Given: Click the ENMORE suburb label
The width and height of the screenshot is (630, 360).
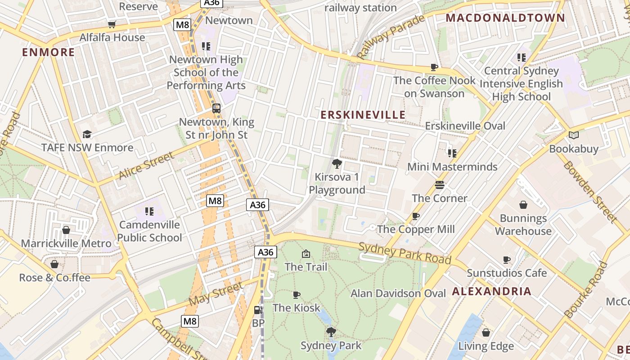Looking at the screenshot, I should pyautogui.click(x=49, y=52).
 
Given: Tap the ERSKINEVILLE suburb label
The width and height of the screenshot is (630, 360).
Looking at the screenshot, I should pyautogui.click(x=363, y=115).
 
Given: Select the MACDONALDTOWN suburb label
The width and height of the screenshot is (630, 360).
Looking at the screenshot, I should pyautogui.click(x=505, y=18).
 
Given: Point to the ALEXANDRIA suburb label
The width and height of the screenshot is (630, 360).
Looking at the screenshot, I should pyautogui.click(x=492, y=291).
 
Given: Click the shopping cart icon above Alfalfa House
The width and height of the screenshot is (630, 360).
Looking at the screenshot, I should pyautogui.click(x=112, y=24).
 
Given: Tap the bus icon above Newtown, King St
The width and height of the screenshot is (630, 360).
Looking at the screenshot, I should pyautogui.click(x=216, y=108).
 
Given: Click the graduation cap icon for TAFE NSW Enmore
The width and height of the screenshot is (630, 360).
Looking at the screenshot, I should pyautogui.click(x=87, y=134).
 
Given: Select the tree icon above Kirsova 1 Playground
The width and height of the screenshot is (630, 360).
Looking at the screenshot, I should pyautogui.click(x=337, y=163).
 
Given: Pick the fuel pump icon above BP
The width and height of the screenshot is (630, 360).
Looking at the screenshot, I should pyautogui.click(x=258, y=310).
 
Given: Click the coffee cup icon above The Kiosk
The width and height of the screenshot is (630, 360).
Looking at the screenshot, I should pyautogui.click(x=297, y=295).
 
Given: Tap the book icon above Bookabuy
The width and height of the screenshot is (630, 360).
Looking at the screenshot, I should pyautogui.click(x=574, y=135).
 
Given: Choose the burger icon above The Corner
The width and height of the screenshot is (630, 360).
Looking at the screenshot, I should pyautogui.click(x=440, y=185).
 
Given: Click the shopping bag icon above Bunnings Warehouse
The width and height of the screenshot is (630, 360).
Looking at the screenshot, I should pyautogui.click(x=523, y=205).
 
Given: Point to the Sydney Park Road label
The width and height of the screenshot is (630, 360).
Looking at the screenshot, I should pyautogui.click(x=405, y=253).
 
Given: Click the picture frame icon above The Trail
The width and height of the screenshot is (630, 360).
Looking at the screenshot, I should pyautogui.click(x=306, y=254).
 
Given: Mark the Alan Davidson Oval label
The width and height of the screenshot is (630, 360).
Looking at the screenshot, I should pyautogui.click(x=398, y=293).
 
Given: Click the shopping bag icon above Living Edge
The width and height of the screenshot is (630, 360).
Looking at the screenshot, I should pyautogui.click(x=486, y=333).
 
